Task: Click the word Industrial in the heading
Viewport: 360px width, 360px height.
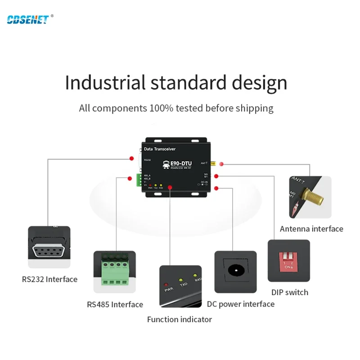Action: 105,83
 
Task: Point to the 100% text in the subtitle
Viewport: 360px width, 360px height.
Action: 160,108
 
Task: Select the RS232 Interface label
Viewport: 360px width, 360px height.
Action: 49,279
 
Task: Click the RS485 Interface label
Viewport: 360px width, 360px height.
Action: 115,305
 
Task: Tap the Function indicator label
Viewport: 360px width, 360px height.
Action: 179,319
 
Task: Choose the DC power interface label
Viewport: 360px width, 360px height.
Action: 241,304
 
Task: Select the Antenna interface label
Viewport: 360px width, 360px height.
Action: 311,229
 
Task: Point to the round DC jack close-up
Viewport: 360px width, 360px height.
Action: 235,271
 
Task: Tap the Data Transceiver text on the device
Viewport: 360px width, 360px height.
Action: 159,149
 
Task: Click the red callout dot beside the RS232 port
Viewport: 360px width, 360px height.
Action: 131,158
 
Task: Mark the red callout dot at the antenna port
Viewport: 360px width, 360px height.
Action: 221,164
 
